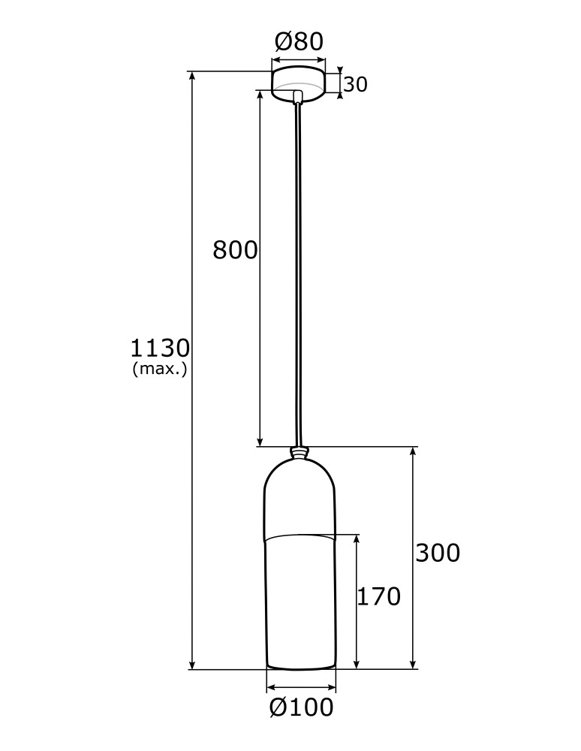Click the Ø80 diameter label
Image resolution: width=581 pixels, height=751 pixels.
point(299,41)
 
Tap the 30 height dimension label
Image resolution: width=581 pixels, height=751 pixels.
point(356,85)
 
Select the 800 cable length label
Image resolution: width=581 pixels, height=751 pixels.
point(235,249)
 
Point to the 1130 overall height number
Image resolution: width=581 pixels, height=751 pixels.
point(160,348)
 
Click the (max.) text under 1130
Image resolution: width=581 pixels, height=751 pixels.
point(159,369)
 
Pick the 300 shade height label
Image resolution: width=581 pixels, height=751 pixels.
point(438,553)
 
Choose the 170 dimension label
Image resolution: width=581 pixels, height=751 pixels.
point(378,596)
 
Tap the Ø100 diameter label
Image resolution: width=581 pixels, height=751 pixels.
point(300,707)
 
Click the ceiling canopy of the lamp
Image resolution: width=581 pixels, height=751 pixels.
point(298,81)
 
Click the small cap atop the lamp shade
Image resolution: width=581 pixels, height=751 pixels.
point(300,453)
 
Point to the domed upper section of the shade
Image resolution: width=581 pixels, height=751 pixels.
point(300,496)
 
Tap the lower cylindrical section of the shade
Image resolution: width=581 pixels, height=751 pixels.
point(300,601)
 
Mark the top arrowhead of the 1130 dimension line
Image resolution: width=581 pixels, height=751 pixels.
point(193,76)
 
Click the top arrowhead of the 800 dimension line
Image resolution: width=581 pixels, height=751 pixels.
point(260,95)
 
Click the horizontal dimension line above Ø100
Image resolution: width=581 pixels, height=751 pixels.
point(301,686)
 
